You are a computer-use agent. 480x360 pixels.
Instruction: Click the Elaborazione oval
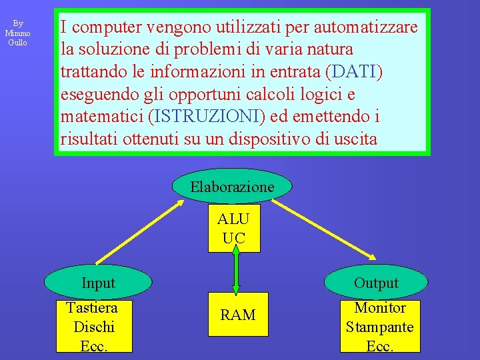[232, 187]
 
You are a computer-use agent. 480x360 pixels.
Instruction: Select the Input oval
[98, 283]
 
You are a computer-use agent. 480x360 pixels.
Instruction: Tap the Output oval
[376, 283]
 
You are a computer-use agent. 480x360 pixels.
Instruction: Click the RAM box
[238, 315]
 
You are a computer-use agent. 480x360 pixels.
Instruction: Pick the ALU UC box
[234, 229]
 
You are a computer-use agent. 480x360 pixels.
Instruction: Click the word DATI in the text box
[357, 72]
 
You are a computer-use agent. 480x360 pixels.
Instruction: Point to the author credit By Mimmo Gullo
[17, 33]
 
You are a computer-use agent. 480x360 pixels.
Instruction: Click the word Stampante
[380, 327]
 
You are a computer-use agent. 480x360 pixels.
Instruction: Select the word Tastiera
[92, 308]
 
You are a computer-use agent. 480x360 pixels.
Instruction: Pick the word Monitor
[380, 308]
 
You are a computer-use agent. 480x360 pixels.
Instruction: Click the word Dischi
[94, 327]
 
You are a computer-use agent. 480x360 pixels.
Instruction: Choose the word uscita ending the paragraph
[352, 140]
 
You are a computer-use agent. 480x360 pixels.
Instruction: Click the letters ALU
[233, 219]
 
